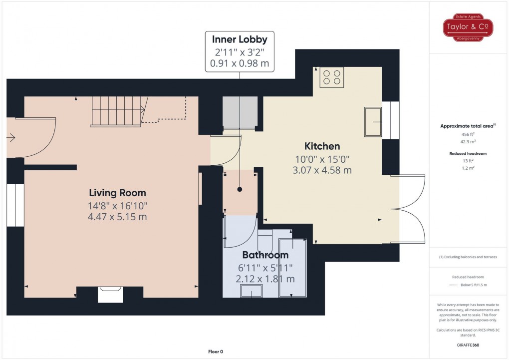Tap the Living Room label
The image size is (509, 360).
(x=118, y=193)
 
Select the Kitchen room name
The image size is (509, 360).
(x=322, y=146)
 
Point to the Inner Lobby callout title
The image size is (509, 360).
(x=240, y=39)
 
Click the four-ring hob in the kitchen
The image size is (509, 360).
(x=331, y=77)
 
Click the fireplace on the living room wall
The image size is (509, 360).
(x=110, y=294)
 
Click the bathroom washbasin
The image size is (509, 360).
(x=251, y=292)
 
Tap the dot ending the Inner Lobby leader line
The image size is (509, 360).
(x=240, y=190)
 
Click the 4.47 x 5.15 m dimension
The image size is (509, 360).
(x=118, y=217)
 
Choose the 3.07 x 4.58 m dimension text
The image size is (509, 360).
(x=322, y=170)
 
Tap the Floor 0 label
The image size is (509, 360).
(x=216, y=352)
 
